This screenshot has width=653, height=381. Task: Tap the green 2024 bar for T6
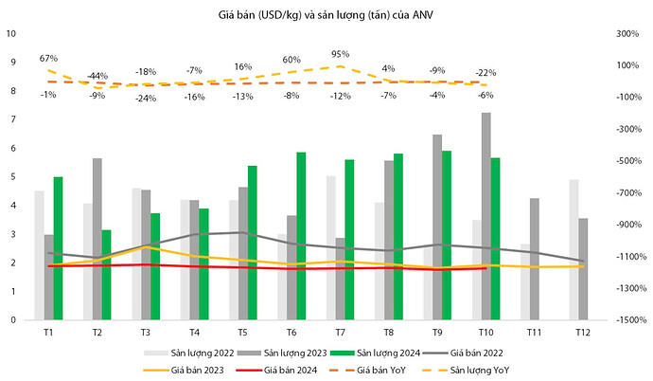(x=301, y=236)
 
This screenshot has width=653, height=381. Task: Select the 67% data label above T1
(x=49, y=59)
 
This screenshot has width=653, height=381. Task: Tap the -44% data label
(x=96, y=75)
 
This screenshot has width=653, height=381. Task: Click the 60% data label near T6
(x=291, y=60)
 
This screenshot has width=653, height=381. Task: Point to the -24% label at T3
(x=145, y=98)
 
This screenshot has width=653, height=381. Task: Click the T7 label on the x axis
(x=340, y=333)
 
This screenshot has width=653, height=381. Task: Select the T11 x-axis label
(x=535, y=333)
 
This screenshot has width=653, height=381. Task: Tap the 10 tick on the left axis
(x=12, y=33)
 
